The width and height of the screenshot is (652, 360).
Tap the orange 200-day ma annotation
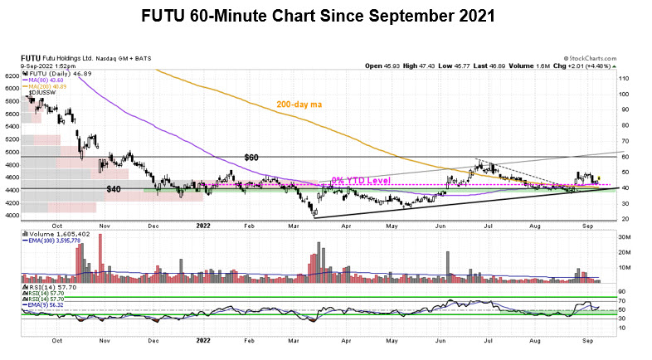(303, 105)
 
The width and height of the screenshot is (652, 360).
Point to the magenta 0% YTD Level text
(360, 180)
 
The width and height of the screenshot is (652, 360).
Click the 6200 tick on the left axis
(12, 75)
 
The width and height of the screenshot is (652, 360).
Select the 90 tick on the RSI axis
(622, 287)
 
